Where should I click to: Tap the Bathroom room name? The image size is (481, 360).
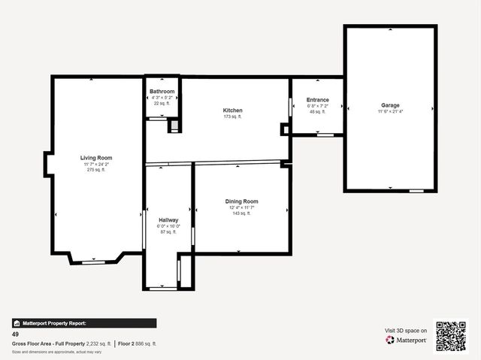(162, 91)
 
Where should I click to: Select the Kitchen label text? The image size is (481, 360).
(232, 110)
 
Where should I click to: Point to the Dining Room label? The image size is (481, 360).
(241, 201)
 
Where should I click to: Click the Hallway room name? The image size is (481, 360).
(168, 219)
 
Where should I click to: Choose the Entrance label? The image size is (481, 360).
(317, 99)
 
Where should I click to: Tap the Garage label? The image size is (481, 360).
(390, 105)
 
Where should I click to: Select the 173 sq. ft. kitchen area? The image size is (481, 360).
(232, 117)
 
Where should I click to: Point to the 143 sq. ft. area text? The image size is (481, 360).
(241, 213)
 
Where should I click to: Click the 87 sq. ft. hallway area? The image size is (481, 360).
(168, 232)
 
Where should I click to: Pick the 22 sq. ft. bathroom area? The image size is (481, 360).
(162, 103)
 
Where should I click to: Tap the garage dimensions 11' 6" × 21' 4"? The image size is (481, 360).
(390, 111)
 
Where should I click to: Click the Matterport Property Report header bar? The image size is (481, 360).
(83, 323)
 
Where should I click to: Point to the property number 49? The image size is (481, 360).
(15, 334)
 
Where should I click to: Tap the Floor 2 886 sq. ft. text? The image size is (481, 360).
(138, 343)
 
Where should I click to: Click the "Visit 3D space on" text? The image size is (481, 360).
(406, 330)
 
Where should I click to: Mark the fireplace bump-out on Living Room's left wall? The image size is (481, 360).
(47, 164)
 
